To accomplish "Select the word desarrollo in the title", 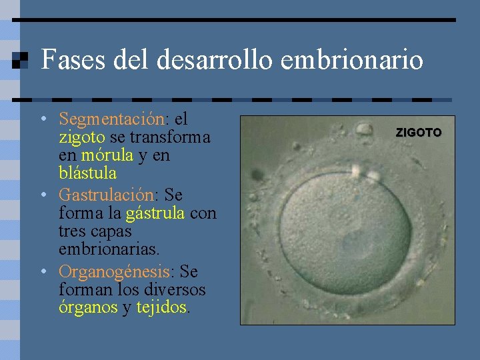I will pyautogui.click(x=216, y=60).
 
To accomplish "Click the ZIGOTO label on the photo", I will pyautogui.click(x=419, y=133).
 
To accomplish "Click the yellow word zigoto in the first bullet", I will pyautogui.click(x=82, y=137).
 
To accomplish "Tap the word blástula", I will pyautogui.click(x=87, y=173).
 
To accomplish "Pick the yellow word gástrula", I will pyautogui.click(x=155, y=213).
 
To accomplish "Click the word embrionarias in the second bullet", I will pyautogui.click(x=109, y=249).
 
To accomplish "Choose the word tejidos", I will pyautogui.click(x=162, y=308).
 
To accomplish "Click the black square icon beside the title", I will pyautogui.click(x=20, y=61).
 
